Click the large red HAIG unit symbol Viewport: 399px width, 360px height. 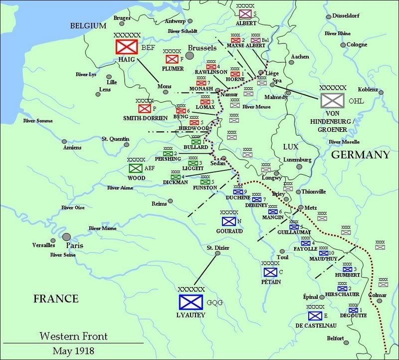[127, 47]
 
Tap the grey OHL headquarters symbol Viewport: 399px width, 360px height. [330, 100]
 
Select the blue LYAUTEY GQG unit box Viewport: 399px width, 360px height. [191, 302]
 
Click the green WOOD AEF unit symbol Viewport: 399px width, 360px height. [136, 168]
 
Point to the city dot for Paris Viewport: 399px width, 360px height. [66, 237]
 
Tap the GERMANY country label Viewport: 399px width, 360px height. [360, 155]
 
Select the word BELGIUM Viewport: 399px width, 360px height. [88, 26]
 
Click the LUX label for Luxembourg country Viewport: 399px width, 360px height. [290, 147]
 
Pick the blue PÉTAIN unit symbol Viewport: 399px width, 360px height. [270, 272]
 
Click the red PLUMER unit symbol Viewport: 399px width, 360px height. [172, 59]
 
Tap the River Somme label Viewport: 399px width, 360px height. [37, 120]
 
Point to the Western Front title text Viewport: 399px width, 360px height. [73, 336]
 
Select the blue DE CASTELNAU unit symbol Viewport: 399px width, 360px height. [314, 316]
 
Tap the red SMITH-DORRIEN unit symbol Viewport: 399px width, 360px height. [145, 108]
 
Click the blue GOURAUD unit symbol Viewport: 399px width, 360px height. [229, 221]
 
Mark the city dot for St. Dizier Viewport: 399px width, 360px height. [217, 254]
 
